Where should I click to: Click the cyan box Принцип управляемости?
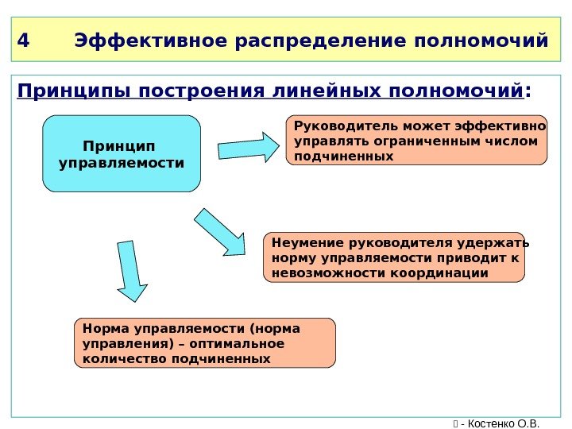click(x=122, y=154)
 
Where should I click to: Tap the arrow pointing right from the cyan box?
click(x=249, y=147)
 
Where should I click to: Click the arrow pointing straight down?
click(x=131, y=271)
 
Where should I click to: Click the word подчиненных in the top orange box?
click(x=344, y=157)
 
